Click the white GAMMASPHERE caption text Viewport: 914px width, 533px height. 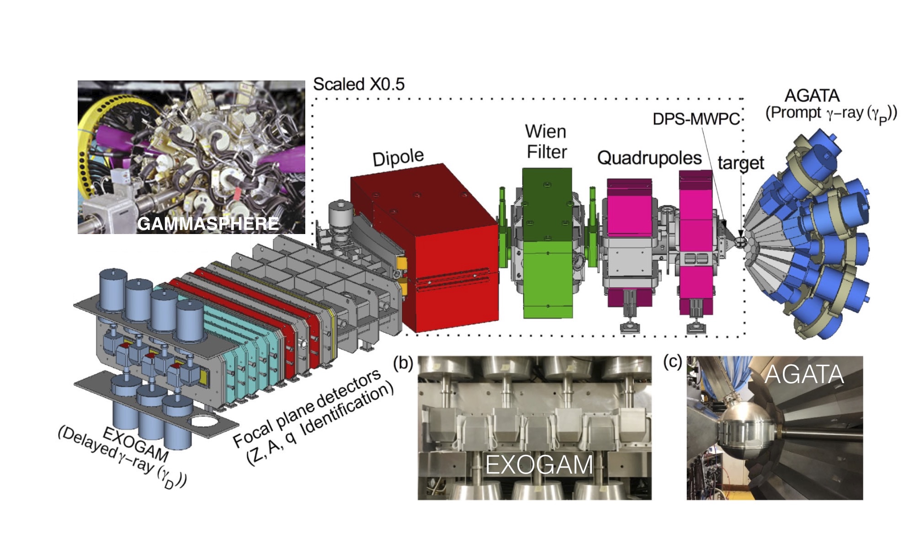click(x=208, y=224)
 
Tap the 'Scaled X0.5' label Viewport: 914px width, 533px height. click(x=359, y=84)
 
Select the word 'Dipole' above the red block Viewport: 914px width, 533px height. click(x=398, y=157)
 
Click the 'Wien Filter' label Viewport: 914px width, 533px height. click(x=546, y=142)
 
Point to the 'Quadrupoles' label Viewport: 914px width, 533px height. click(x=649, y=158)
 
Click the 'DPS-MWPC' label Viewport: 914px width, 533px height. click(x=696, y=119)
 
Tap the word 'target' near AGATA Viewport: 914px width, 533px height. click(x=741, y=163)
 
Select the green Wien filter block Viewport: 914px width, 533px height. click(x=547, y=243)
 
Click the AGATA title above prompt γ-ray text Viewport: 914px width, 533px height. click(x=812, y=96)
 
